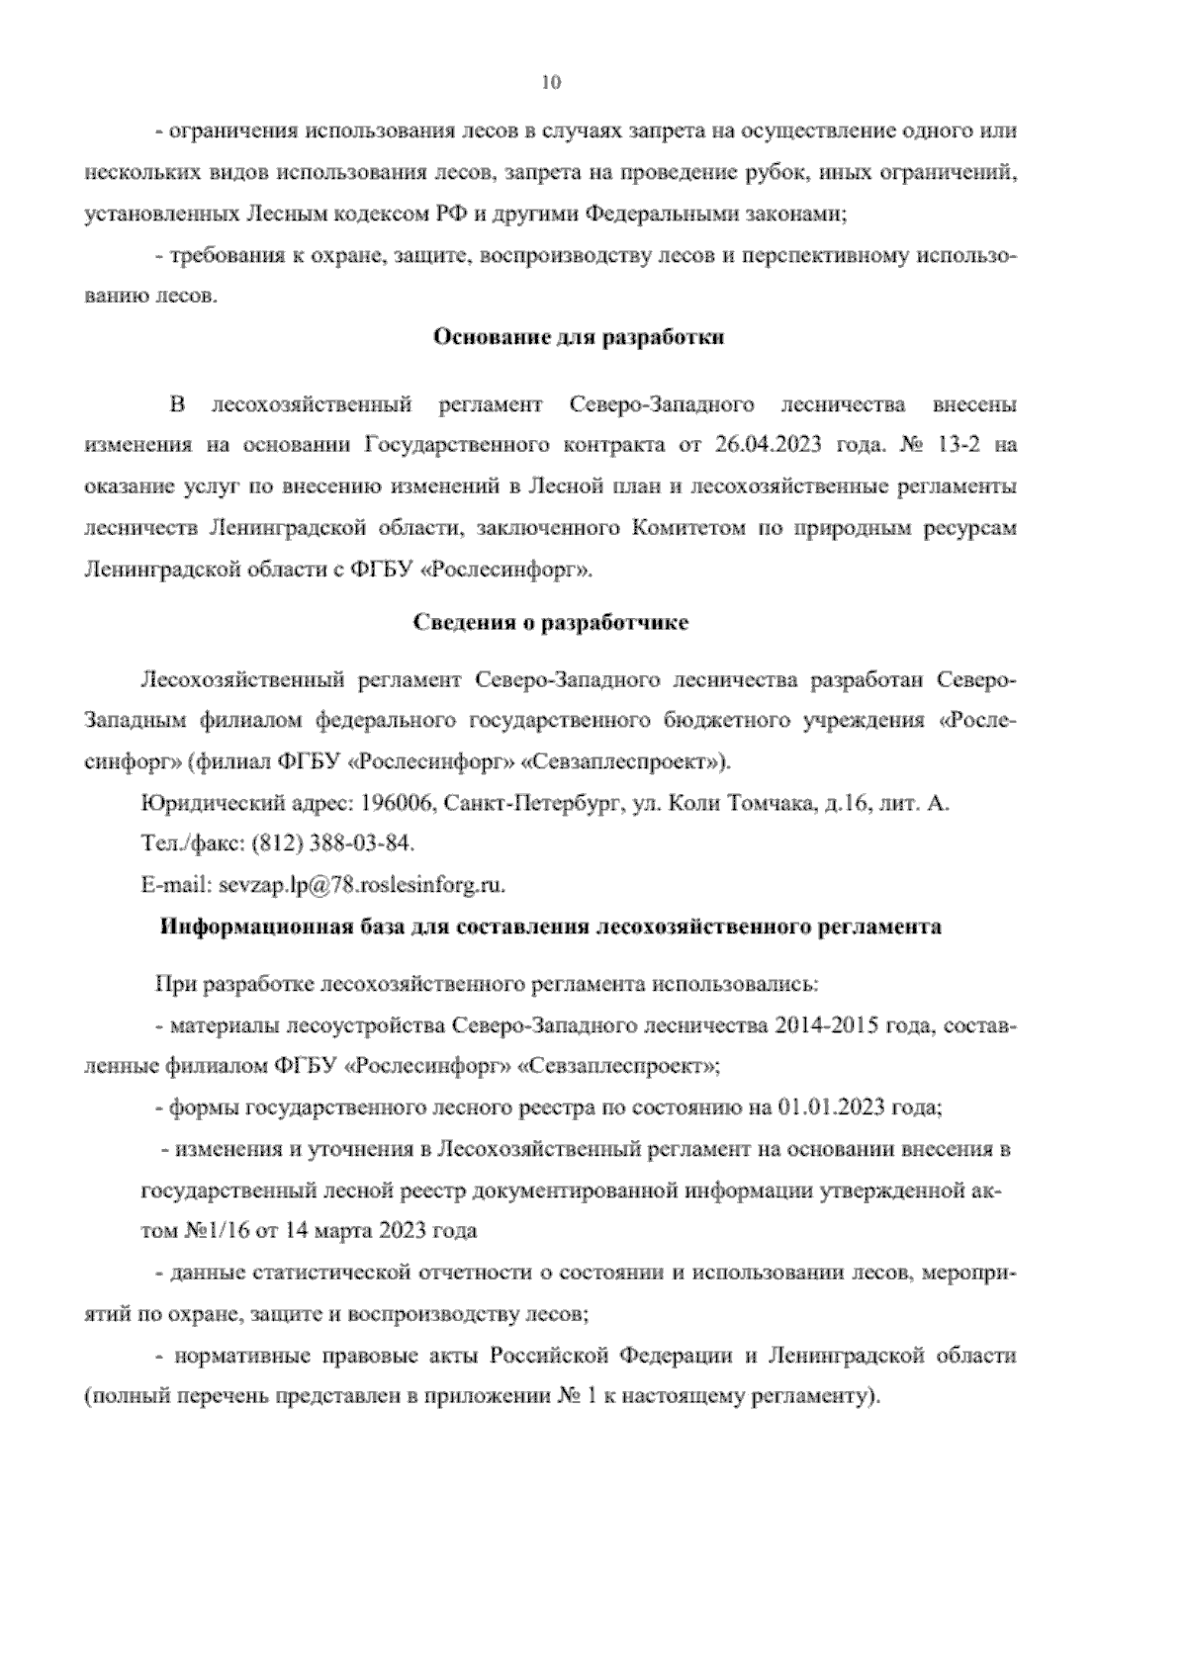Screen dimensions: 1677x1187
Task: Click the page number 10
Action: (x=551, y=83)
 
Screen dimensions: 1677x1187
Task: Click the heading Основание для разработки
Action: (x=579, y=337)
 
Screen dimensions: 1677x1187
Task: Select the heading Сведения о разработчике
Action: (x=550, y=623)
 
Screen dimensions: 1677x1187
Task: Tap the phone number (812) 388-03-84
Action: (x=333, y=843)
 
